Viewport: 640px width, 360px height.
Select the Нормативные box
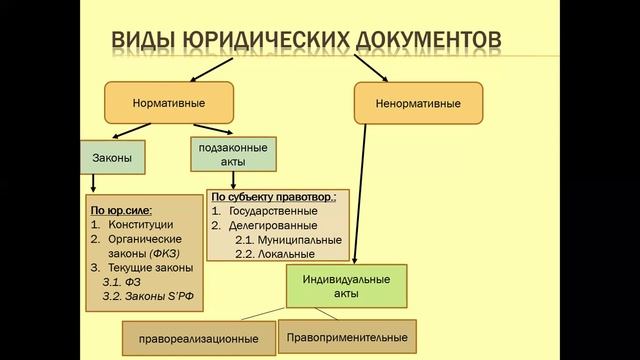169,103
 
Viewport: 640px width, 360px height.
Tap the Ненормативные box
419,103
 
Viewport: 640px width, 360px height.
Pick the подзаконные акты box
233,152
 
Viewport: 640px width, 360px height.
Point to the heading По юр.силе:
125,211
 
